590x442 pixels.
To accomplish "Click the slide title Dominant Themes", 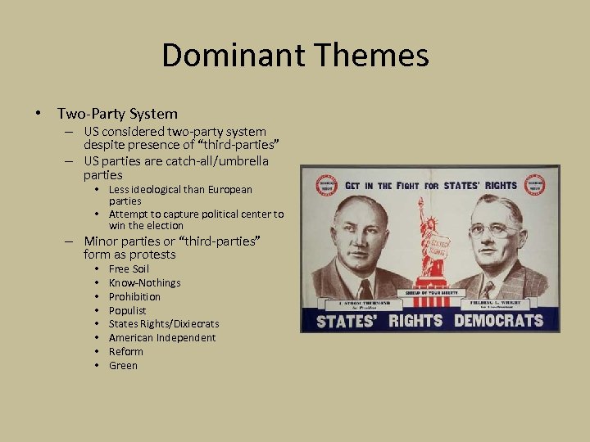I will pos(295,56).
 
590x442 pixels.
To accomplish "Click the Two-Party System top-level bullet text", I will pos(117,114).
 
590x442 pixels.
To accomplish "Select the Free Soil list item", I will pos(129,268).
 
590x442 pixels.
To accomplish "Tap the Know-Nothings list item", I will pos(144,282).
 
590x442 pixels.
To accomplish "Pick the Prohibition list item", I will pos(134,296).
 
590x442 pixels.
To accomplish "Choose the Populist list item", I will pos(127,310).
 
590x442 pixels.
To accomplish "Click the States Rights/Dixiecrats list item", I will pos(164,324).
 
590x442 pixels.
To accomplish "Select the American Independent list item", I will pos(162,337).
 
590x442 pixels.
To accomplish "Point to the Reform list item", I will pos(125,351).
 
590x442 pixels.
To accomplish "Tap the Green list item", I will pos(123,365).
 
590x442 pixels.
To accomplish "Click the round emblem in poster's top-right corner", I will pos(538,183).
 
